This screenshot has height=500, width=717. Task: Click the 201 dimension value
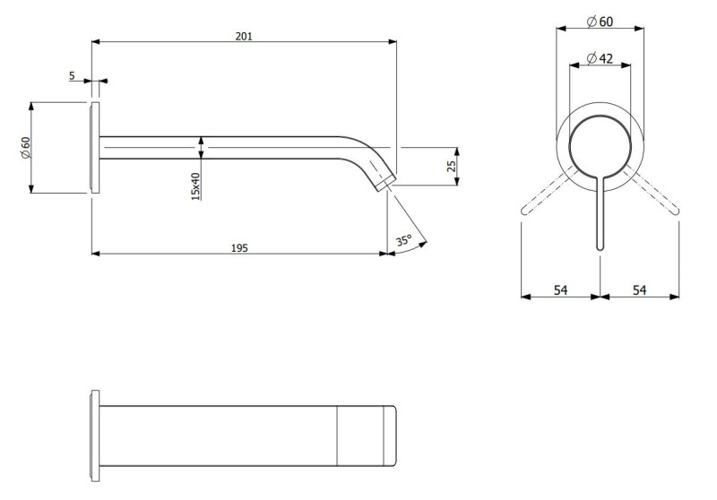pos(244,36)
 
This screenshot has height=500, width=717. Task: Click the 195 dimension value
pos(239,246)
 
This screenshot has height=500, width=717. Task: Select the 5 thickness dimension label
pos(72,76)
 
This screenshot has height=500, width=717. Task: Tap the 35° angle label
pos(403,240)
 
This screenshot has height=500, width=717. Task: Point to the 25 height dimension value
pos(453,165)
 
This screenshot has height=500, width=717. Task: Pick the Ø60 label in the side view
pos(25,147)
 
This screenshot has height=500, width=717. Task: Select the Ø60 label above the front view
pos(600,21)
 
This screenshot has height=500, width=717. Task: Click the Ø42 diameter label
pos(600,58)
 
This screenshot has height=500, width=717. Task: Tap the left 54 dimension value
pos(560,289)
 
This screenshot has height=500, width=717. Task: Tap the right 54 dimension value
pos(640,289)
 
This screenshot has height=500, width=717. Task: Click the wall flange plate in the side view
pos(94,148)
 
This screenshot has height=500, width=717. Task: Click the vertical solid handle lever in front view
pos(600,215)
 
